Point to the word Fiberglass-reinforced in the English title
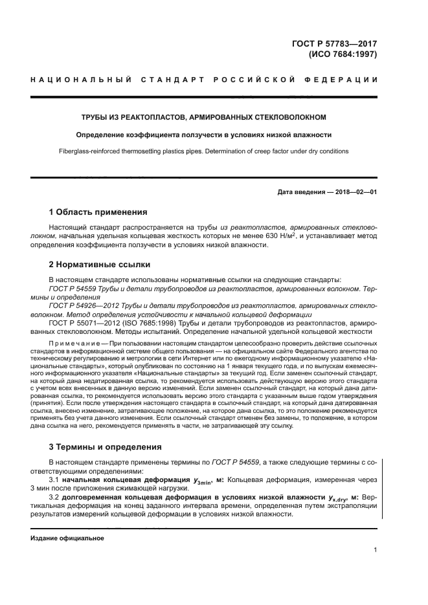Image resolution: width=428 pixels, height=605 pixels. (84, 151)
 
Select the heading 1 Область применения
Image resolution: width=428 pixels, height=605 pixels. (98, 212)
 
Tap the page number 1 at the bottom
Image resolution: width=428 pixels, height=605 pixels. (375, 550)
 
